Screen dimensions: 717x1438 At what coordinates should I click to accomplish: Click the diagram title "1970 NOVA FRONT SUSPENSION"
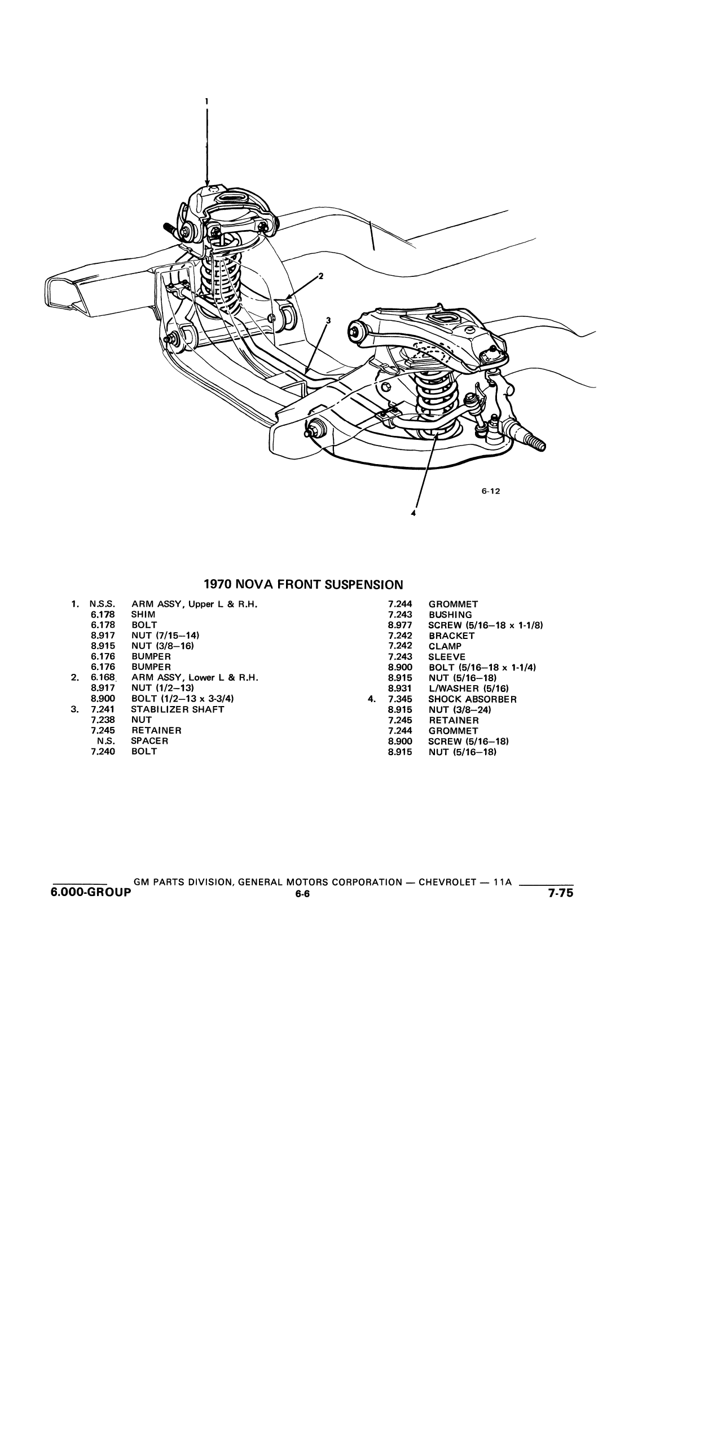(x=303, y=584)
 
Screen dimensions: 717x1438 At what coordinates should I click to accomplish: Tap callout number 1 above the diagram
(x=206, y=102)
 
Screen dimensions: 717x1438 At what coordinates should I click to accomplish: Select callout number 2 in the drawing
(x=321, y=276)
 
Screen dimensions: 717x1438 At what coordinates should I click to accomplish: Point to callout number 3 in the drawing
(x=329, y=320)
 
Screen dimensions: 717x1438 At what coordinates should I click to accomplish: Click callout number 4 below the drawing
(x=414, y=514)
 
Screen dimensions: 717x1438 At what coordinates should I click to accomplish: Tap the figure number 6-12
(x=491, y=491)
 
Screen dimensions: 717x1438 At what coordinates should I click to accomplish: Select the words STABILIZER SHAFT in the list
(x=178, y=709)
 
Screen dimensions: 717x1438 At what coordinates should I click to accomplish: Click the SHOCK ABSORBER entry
(x=472, y=699)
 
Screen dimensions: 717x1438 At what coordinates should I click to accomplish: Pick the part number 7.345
(x=400, y=699)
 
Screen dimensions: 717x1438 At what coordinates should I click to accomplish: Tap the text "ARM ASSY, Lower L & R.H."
(x=195, y=678)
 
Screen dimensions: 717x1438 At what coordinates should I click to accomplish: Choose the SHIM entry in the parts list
(x=143, y=615)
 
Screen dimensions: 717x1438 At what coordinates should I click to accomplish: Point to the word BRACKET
(x=451, y=636)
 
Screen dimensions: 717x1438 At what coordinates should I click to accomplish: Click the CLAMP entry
(x=445, y=646)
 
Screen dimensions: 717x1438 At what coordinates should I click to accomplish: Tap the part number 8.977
(x=400, y=625)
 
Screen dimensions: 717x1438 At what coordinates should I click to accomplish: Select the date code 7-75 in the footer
(x=560, y=893)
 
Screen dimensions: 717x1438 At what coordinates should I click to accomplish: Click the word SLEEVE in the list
(x=447, y=657)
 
